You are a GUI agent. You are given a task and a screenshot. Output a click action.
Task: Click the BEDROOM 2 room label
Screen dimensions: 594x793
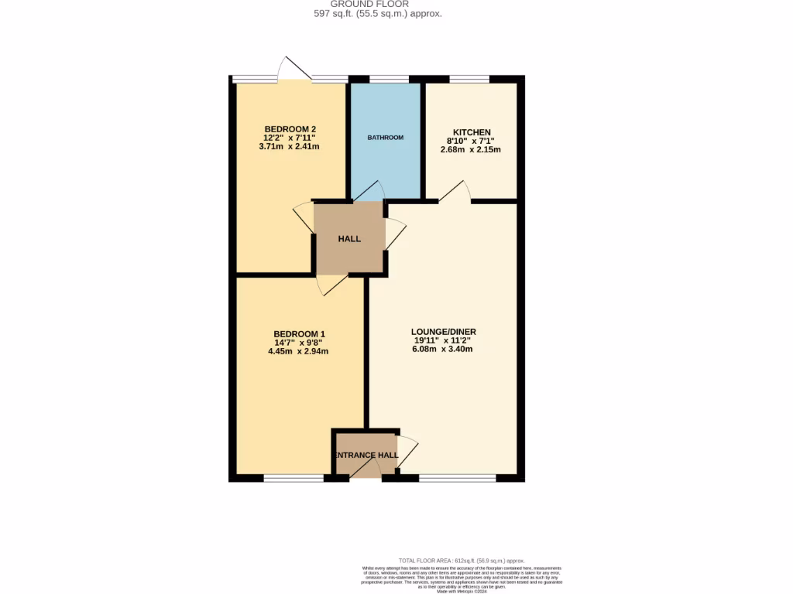(x=290, y=129)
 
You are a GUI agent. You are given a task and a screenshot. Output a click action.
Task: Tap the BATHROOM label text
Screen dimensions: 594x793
(x=386, y=138)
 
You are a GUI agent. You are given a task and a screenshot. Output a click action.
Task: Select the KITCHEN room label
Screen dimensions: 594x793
(x=470, y=132)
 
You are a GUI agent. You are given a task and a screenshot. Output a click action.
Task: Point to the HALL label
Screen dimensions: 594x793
(x=349, y=239)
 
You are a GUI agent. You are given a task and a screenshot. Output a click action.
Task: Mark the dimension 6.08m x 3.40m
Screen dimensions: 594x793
(x=441, y=349)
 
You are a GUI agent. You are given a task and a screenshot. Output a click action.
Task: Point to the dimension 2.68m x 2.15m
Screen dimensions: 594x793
(x=470, y=149)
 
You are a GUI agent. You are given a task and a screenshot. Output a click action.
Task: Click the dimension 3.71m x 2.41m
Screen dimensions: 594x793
(x=290, y=146)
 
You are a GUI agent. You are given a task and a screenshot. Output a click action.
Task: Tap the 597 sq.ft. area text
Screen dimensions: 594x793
(x=377, y=13)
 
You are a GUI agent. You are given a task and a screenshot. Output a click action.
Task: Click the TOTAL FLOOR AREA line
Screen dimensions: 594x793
(x=462, y=561)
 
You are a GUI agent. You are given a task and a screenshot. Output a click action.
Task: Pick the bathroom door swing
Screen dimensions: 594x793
(x=369, y=191)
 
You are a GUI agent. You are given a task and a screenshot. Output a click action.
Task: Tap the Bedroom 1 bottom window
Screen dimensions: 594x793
(x=294, y=478)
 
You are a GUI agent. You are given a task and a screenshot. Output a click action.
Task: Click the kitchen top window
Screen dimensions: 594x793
(x=469, y=78)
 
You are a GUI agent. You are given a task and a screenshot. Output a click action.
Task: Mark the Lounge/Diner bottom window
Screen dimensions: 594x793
(x=457, y=478)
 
